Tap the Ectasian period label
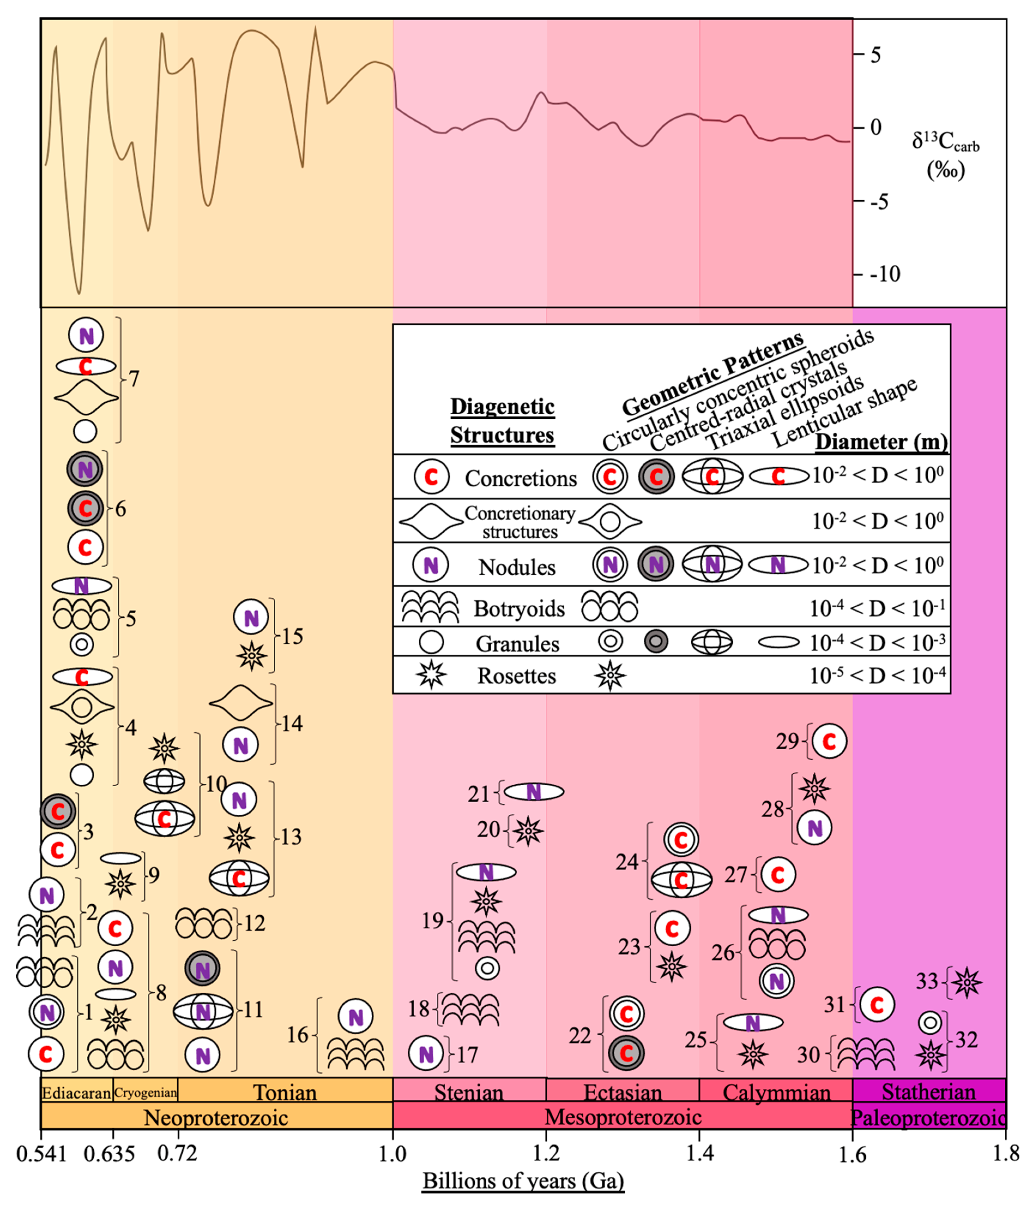click(622, 1092)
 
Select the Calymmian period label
click(776, 1092)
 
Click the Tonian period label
click(285, 1092)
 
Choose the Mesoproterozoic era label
click(622, 1117)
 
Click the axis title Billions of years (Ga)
click(523, 1180)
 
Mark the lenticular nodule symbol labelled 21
click(533, 792)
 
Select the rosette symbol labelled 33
click(966, 982)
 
